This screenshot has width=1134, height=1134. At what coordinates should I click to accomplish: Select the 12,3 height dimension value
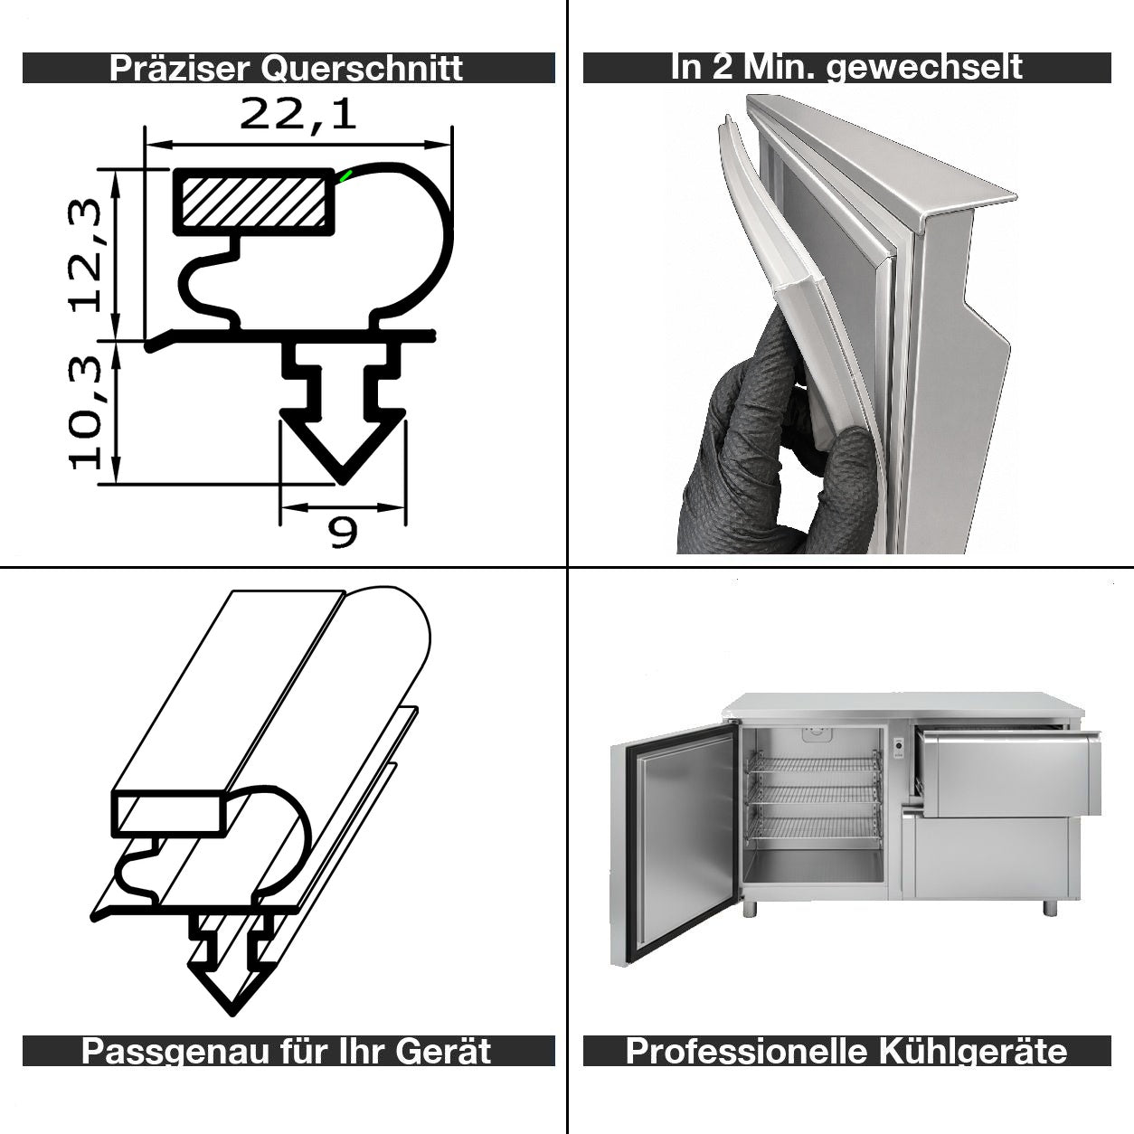[84, 255]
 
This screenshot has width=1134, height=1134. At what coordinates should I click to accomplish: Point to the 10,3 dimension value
[84, 412]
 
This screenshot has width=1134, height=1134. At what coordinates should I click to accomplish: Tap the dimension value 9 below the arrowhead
[343, 532]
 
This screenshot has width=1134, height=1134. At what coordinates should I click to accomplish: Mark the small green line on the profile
[345, 175]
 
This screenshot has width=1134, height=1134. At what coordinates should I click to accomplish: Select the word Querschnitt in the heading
[362, 69]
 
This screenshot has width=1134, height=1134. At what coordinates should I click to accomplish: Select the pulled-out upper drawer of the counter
[1007, 772]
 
